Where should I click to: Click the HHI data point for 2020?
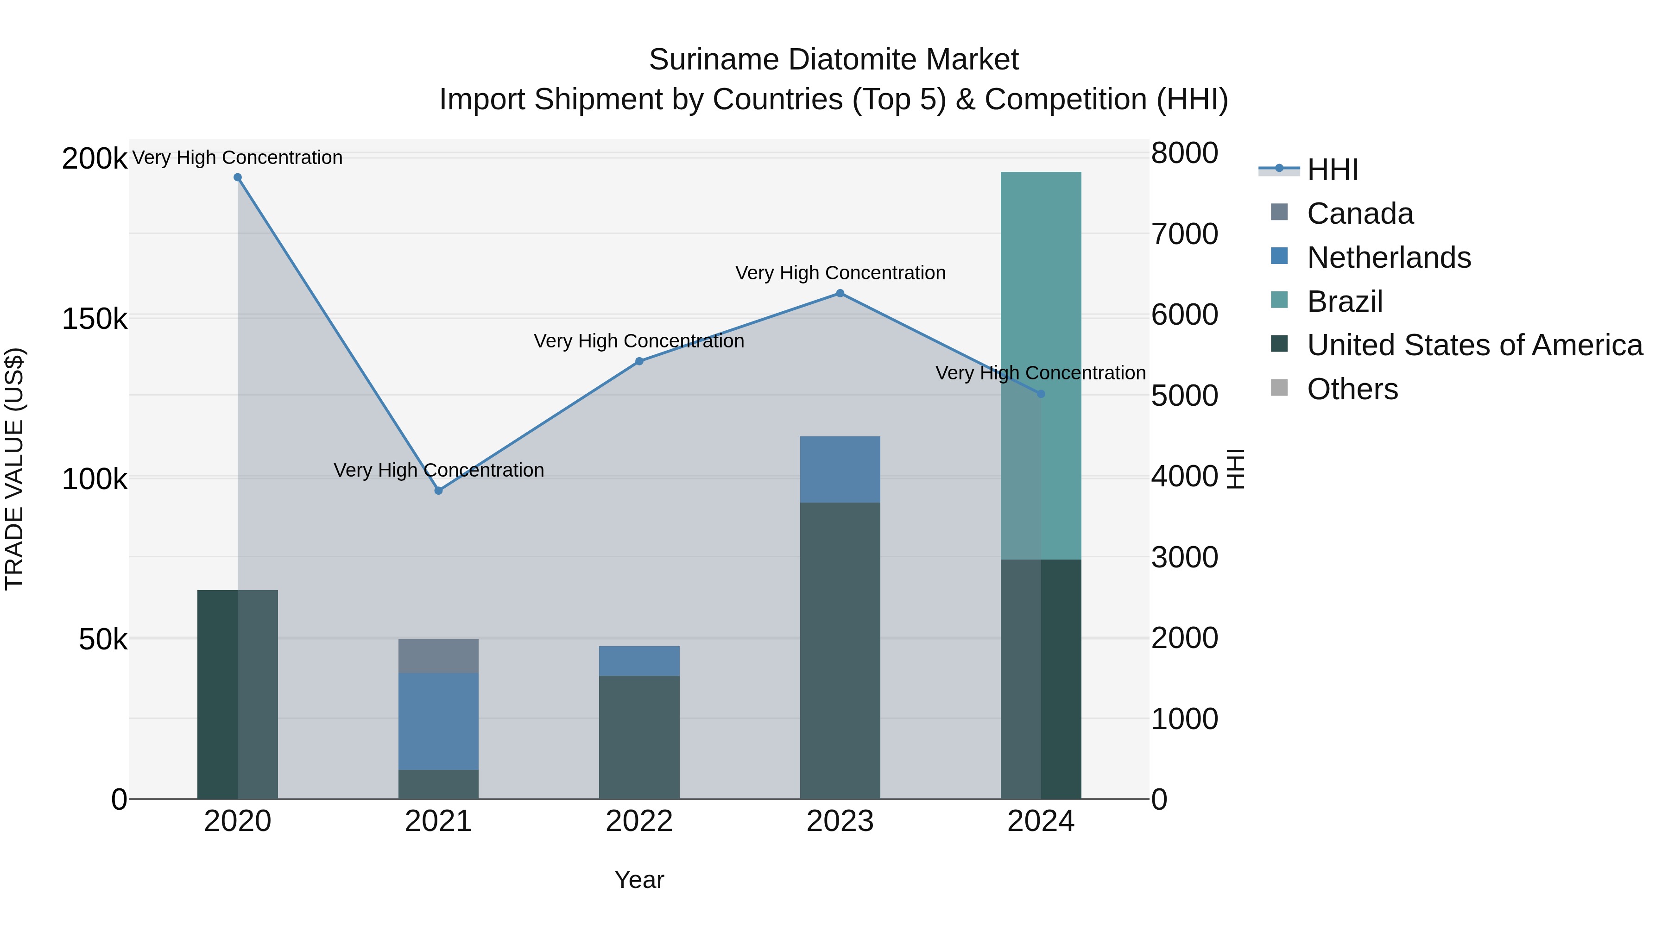click(x=238, y=177)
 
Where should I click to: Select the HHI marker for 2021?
click(x=438, y=491)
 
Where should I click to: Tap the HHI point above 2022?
click(x=639, y=361)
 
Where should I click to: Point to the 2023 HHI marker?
click(x=840, y=293)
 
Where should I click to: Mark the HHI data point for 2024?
click(x=1041, y=394)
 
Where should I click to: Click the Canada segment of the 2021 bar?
click(x=438, y=656)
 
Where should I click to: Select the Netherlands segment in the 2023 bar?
click(x=840, y=469)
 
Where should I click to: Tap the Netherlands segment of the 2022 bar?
click(x=639, y=661)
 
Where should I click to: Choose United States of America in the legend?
click(x=1474, y=345)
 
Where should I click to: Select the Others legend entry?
click(x=1352, y=389)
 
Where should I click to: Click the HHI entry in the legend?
click(x=1332, y=170)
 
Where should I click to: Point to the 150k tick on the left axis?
click(x=95, y=319)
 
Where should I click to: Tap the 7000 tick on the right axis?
click(x=1184, y=234)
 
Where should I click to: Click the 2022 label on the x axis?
click(x=639, y=821)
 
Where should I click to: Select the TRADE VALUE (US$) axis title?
click(x=14, y=469)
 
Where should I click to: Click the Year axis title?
click(x=639, y=880)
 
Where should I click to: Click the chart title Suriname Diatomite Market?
click(x=834, y=60)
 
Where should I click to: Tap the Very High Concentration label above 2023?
click(x=840, y=273)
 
